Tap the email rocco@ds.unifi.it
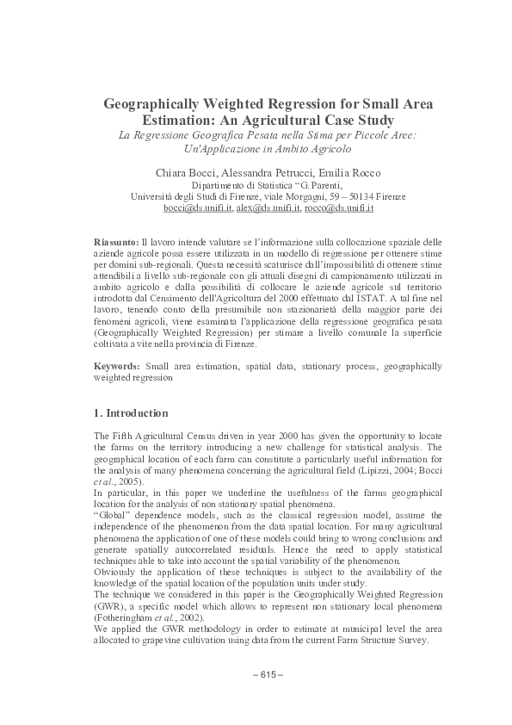coord(338,208)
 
